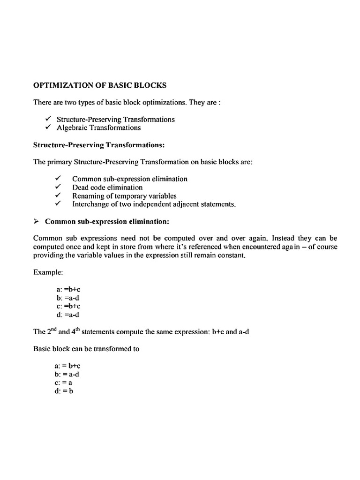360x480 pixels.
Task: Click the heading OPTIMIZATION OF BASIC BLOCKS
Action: pyautogui.click(x=99, y=86)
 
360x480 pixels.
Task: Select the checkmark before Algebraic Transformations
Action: pyautogui.click(x=48, y=127)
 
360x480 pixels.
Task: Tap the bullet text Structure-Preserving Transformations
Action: pyautogui.click(x=115, y=119)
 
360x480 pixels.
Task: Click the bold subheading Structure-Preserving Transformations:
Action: pyautogui.click(x=98, y=145)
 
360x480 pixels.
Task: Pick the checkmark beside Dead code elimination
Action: pyautogui.click(x=58, y=187)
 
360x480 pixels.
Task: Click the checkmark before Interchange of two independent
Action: pyautogui.click(x=58, y=204)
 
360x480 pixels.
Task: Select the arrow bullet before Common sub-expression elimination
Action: pyautogui.click(x=37, y=221)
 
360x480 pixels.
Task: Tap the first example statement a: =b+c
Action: pyautogui.click(x=68, y=290)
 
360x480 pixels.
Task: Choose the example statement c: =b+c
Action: pyautogui.click(x=68, y=306)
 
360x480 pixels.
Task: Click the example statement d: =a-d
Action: pyautogui.click(x=68, y=315)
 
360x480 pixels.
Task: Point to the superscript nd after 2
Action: pyautogui.click(x=52, y=330)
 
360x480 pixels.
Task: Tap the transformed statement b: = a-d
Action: pyautogui.click(x=68, y=374)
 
